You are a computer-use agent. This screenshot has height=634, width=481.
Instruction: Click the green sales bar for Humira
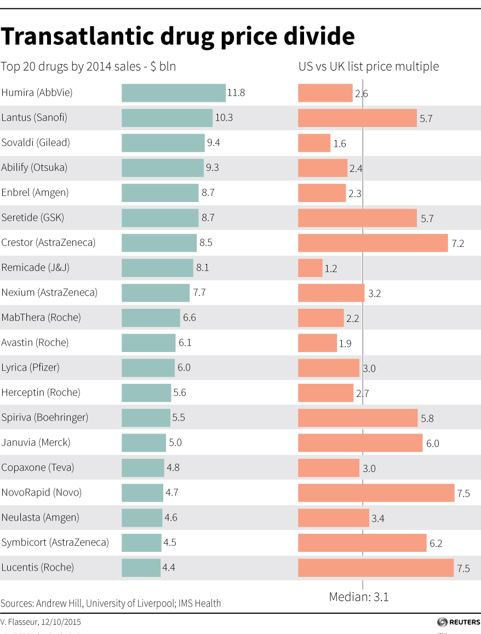tap(173, 93)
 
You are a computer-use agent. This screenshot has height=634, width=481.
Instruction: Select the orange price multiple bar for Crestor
tap(373, 243)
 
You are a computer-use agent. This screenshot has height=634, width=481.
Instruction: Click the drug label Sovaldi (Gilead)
tap(36, 143)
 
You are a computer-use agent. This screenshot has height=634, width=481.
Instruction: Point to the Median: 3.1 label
tap(359, 597)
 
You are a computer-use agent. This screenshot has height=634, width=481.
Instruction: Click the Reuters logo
tap(458, 622)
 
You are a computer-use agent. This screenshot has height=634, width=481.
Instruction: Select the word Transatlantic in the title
tap(76, 37)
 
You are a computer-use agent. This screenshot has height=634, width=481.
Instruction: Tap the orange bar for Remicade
tap(310, 268)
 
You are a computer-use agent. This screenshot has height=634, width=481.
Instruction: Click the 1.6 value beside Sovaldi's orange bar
tap(339, 144)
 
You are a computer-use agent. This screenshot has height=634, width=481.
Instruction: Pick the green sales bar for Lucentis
tap(141, 567)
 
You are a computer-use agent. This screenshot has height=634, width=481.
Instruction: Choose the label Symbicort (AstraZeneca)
tap(55, 543)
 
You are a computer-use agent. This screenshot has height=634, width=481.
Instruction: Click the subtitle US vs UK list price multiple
tap(368, 67)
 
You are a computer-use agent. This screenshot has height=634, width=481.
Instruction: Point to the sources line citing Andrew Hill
tap(111, 603)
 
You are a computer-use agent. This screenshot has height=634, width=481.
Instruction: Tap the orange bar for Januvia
tap(360, 442)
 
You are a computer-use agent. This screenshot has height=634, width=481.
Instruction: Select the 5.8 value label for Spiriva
tap(427, 419)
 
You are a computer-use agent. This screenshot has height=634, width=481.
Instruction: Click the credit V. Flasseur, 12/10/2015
tap(41, 622)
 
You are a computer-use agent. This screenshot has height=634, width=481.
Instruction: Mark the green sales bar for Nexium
tap(156, 292)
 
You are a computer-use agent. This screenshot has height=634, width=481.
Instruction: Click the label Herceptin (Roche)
tap(41, 393)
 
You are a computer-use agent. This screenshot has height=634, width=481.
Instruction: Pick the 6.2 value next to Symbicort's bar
tap(436, 544)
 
